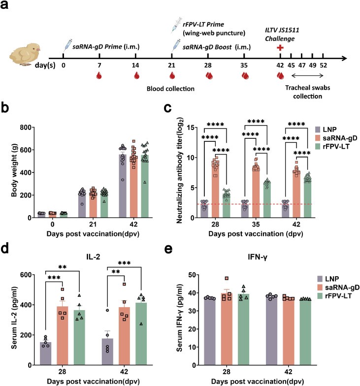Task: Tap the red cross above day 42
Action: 280,47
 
